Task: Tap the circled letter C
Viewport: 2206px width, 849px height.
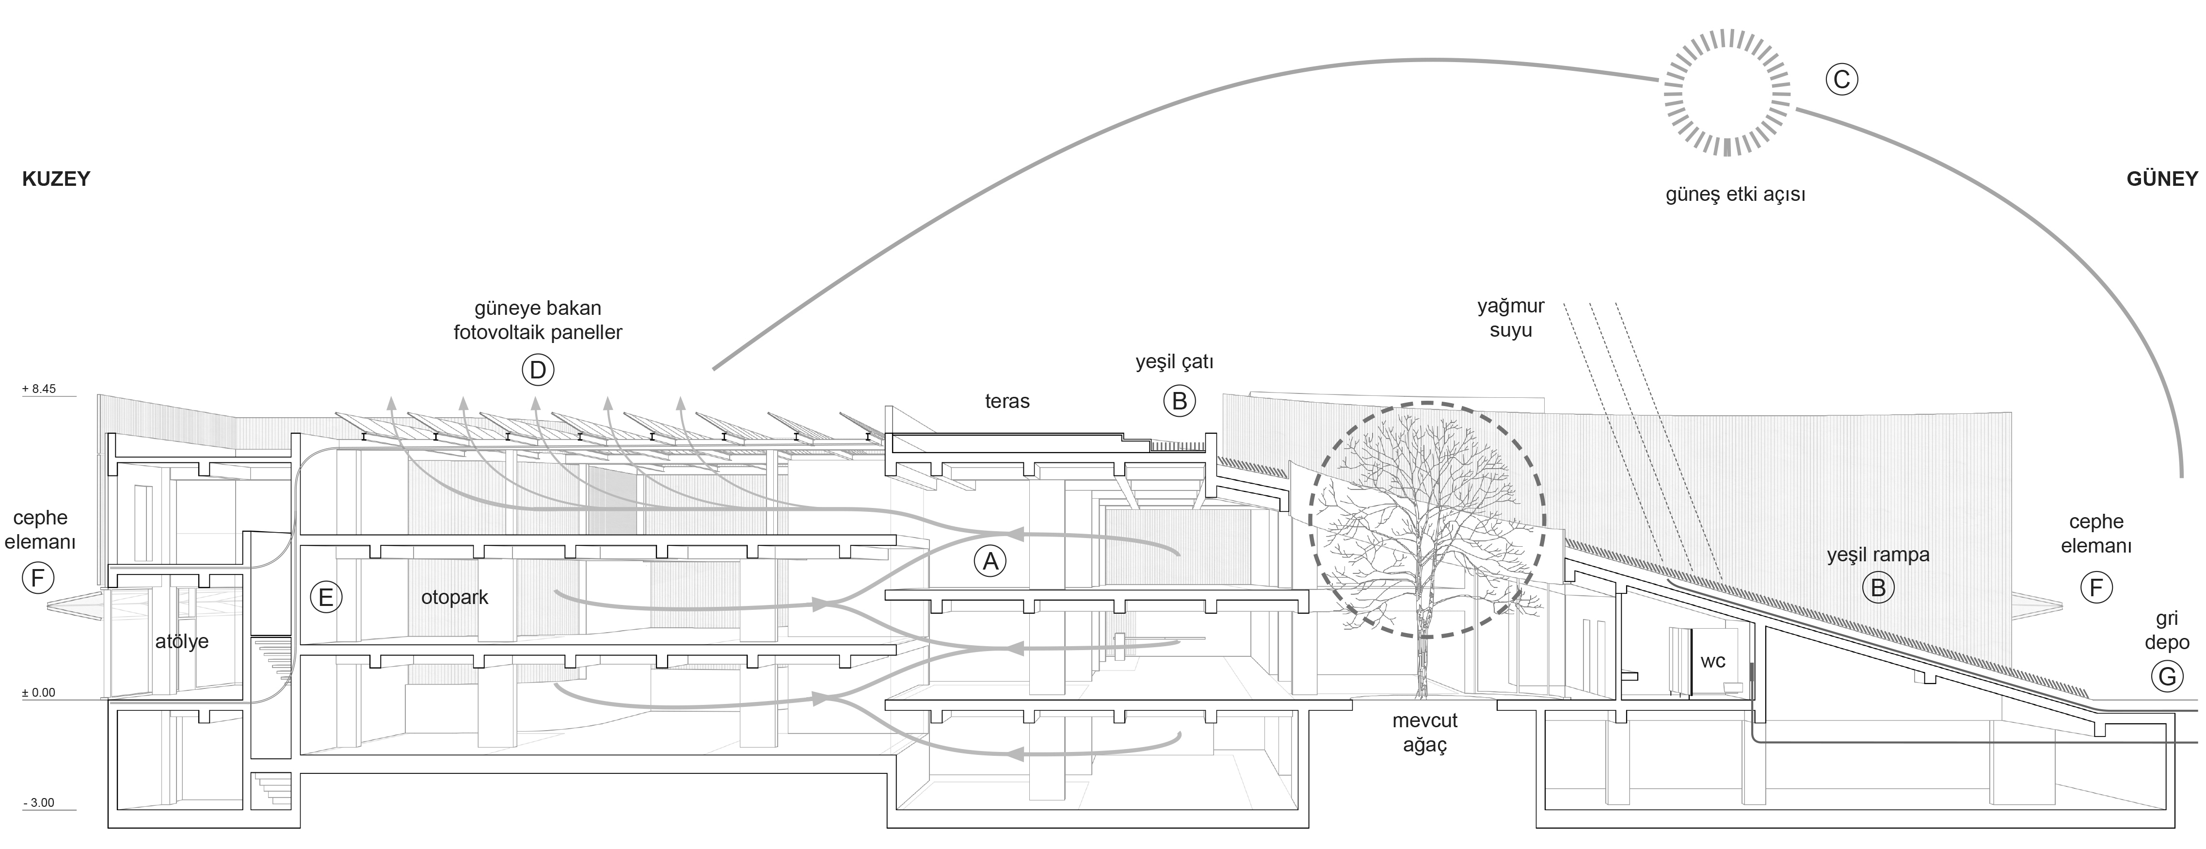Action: (1841, 80)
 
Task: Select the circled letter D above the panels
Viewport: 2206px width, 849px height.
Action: (538, 370)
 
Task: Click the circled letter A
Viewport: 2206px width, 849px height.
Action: (990, 561)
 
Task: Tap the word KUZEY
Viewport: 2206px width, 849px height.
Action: (56, 179)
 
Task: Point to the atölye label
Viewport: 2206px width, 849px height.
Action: (181, 641)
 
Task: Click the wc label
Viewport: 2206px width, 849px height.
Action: (1712, 661)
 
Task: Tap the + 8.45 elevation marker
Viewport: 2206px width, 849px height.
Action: (38, 389)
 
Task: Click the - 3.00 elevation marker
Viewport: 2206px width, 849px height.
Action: (38, 803)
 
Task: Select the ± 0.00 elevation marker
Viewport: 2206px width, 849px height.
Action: (38, 692)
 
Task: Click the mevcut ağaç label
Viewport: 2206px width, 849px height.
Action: (1424, 733)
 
